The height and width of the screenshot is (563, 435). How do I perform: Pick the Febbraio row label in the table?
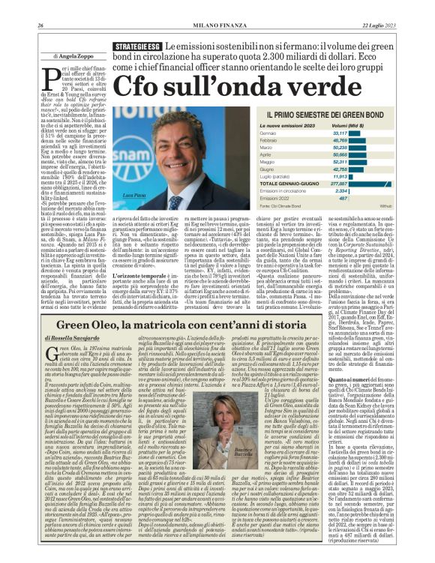click(260, 140)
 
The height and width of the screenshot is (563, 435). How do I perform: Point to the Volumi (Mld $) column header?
click(331, 125)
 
